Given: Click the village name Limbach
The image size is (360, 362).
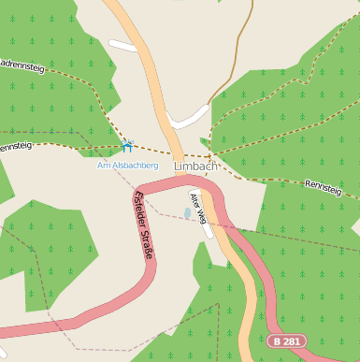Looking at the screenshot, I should click(x=195, y=167).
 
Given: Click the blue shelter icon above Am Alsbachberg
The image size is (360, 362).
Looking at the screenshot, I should click(x=127, y=147).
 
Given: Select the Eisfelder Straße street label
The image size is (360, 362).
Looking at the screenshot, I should click(x=144, y=224).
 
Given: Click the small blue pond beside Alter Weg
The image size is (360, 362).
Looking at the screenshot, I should click(x=187, y=214).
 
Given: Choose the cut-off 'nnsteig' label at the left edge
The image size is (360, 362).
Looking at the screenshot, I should click(x=14, y=147).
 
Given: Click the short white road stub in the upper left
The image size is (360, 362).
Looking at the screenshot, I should click(x=122, y=45).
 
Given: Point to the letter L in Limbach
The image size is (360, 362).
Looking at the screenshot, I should click(x=177, y=167).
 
